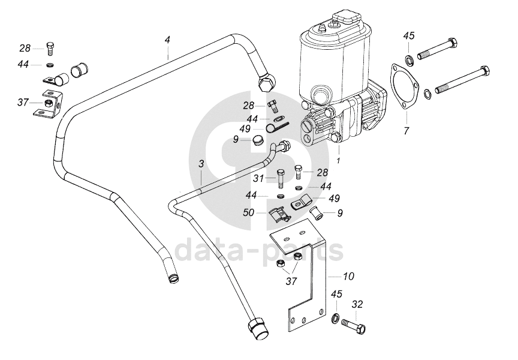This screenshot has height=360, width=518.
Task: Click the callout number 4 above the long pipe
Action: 167,40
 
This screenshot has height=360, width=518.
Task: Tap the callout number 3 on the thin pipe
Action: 201,164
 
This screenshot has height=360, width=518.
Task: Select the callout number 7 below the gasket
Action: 406,130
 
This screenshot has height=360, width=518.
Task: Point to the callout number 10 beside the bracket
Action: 348,276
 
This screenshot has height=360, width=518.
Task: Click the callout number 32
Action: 357,304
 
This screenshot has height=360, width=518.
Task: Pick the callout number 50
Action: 249,212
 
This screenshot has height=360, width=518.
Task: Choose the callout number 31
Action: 258,179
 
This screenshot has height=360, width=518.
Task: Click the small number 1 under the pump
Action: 338,161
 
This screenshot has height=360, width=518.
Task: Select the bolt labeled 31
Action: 280,179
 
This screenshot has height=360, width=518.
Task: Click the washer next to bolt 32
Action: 335,318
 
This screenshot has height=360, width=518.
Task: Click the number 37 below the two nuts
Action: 291,281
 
